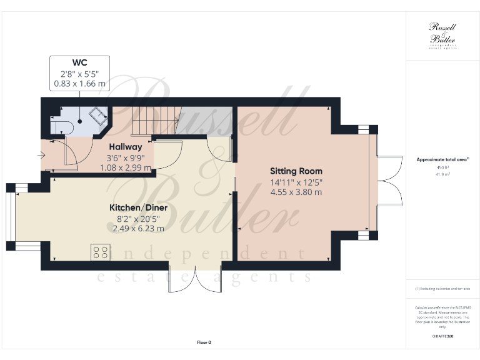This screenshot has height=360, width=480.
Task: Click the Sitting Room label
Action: tap(296, 171)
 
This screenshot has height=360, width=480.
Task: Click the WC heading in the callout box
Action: tap(79, 63)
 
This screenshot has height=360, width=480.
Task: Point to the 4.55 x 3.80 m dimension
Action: tap(296, 192)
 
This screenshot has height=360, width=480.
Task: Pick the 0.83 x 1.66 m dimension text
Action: tap(79, 83)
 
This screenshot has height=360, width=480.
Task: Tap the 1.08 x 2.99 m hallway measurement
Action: tap(128, 167)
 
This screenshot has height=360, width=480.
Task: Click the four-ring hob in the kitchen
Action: tap(100, 251)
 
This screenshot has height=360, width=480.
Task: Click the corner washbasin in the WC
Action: tap(97, 115)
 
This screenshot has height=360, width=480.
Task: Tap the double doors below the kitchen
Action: tap(194, 280)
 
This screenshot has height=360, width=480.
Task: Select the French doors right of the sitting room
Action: tap(387, 179)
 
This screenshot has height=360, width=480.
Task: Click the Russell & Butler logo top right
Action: tap(442, 35)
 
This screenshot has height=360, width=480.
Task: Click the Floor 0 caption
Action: tap(204, 342)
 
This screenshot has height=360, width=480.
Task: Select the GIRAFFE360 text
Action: tap(442, 336)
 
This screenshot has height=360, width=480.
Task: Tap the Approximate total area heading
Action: tap(442, 159)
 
